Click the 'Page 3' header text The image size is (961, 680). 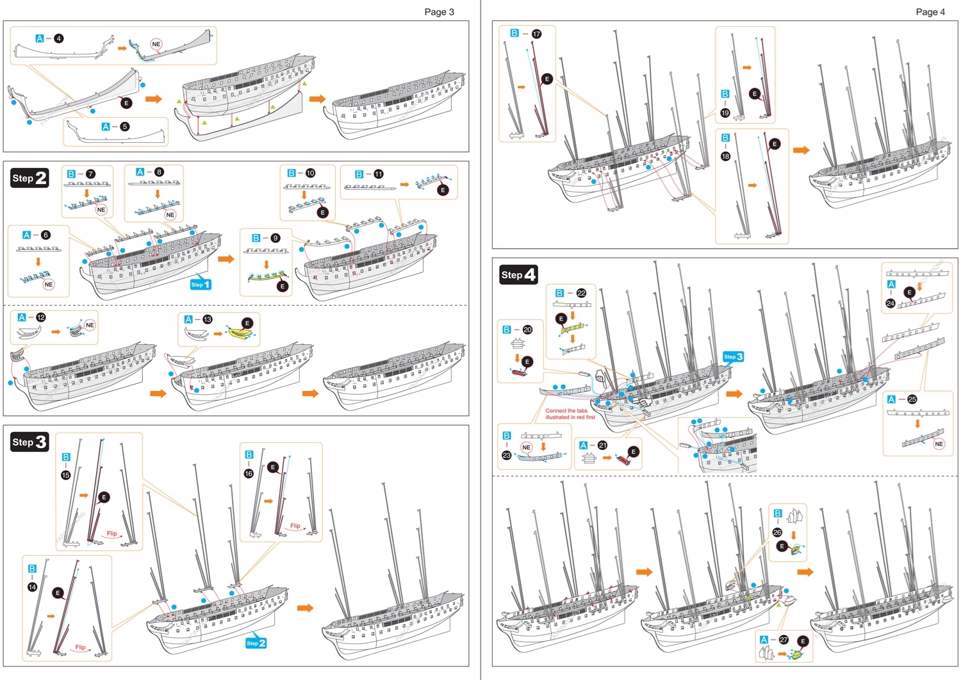(x=439, y=12)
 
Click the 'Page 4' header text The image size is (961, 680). (x=930, y=12)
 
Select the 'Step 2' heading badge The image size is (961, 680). (x=29, y=178)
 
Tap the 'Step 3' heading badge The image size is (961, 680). (x=29, y=442)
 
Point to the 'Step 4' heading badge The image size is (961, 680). (x=518, y=275)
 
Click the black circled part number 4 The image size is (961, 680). (x=59, y=38)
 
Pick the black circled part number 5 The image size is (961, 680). (x=125, y=126)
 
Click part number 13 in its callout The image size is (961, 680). (x=207, y=319)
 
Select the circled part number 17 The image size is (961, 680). (x=536, y=33)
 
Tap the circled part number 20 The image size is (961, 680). (x=527, y=329)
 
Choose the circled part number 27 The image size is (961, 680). (x=783, y=640)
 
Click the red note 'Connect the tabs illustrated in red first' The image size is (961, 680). (x=570, y=414)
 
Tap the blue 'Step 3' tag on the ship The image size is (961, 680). (x=733, y=356)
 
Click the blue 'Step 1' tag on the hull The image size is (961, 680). (x=200, y=284)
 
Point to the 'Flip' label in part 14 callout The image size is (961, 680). (x=80, y=647)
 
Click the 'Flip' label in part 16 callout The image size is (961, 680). (x=295, y=526)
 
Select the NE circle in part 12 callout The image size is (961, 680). (x=90, y=325)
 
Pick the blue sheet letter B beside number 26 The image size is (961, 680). (x=777, y=513)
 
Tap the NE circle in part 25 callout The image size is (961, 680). (x=939, y=444)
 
